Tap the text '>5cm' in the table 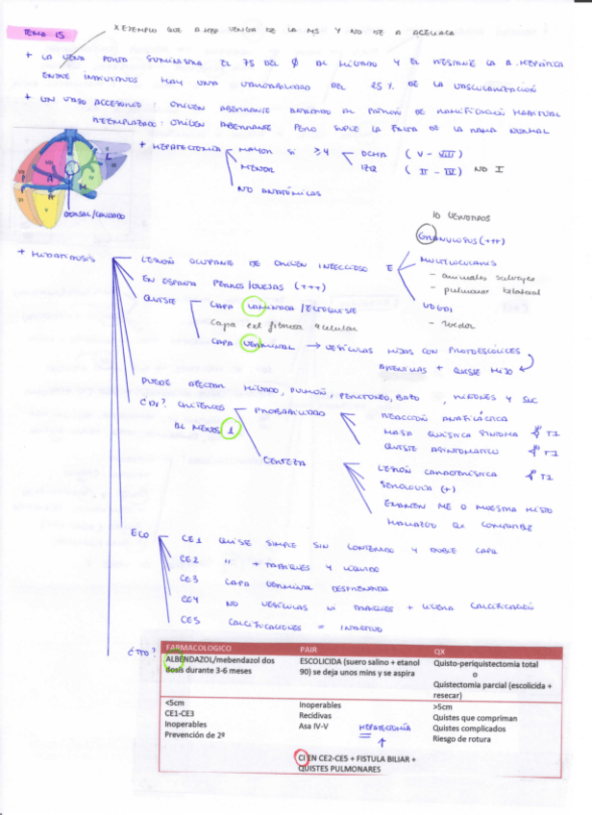click(x=445, y=706)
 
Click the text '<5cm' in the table click(x=175, y=706)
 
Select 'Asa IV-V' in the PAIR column click(x=316, y=729)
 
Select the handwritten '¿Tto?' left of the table click(x=142, y=654)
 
